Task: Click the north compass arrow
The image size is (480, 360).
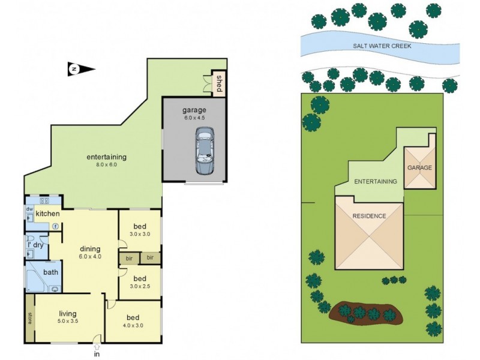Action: coord(81,70)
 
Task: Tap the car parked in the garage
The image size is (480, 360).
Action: coord(205,153)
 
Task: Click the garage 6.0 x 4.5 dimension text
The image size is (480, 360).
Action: coord(194,118)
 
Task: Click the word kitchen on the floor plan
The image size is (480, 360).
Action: coord(47,214)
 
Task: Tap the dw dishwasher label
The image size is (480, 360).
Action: coord(29,209)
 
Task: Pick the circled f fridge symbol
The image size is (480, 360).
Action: coord(55,226)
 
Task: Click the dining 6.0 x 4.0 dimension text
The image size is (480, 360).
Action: coord(91,257)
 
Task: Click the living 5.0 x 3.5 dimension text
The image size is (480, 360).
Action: coord(68,321)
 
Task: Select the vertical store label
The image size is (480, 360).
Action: coord(29,318)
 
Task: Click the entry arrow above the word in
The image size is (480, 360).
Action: coord(97,346)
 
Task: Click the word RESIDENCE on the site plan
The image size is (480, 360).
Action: coord(368,216)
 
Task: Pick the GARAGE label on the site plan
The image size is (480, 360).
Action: coord(419,168)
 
